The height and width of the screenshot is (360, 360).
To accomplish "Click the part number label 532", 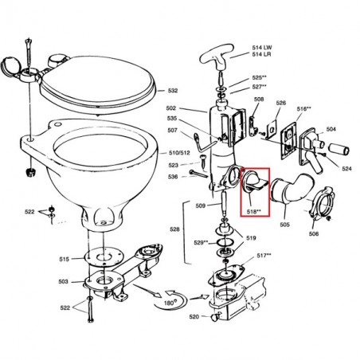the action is (173, 91).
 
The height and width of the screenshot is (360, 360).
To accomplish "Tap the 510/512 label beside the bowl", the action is (179, 153).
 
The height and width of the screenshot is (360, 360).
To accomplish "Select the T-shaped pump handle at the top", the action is (217, 57).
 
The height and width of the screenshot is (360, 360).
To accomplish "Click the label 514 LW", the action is (262, 48).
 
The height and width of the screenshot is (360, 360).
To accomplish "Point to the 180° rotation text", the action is (169, 303).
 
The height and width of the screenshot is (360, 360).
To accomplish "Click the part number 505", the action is (284, 225).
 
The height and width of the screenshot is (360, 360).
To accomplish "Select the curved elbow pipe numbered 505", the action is (292, 189).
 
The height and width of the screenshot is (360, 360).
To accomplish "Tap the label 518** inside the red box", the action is (254, 212).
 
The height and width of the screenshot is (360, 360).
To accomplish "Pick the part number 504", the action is (331, 129).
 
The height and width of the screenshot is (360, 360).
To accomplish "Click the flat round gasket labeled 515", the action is (104, 257).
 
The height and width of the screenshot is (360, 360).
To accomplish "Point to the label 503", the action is (63, 281).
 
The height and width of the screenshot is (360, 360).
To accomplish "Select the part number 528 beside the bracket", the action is (174, 229).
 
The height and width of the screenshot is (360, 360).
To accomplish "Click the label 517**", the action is (264, 256).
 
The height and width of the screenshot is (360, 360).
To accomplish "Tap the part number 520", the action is (194, 316).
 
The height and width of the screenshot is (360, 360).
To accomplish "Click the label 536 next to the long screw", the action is (173, 177).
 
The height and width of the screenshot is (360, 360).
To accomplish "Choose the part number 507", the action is (172, 131).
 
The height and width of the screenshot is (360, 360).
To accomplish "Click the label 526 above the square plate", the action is (281, 103).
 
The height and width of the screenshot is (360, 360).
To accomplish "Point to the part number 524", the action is (346, 169).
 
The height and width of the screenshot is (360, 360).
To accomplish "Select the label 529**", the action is (201, 242).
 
